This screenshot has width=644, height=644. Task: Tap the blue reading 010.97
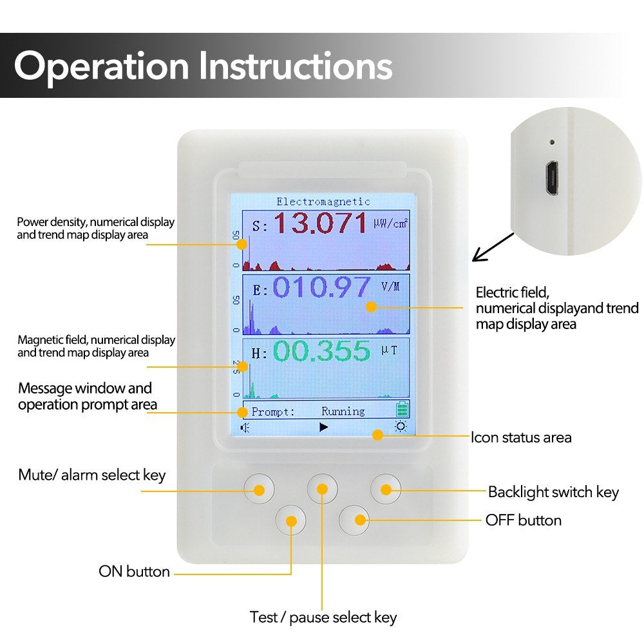321,288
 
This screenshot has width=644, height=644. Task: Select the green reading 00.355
321,352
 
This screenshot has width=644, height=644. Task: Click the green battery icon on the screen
402,409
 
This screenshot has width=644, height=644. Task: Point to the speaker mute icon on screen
245,428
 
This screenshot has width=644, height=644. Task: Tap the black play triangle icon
324,427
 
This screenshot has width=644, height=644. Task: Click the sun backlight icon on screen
401,427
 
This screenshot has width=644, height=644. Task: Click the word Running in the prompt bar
343,411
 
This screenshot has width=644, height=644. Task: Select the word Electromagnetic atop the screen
323,202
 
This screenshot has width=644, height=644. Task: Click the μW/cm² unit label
391,223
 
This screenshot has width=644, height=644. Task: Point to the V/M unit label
390,287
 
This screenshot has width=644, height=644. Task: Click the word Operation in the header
102,66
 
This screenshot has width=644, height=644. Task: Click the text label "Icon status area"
521,438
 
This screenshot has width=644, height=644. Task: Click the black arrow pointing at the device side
493,247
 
